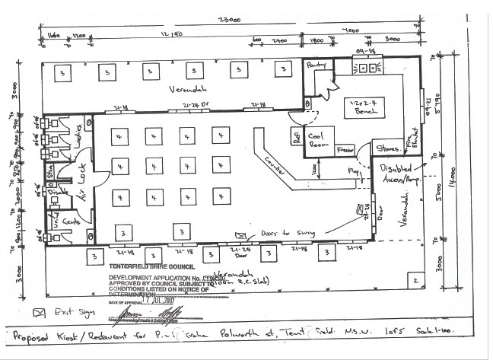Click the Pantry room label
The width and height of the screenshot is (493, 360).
coord(316,66)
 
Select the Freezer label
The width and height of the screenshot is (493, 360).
coord(345,151)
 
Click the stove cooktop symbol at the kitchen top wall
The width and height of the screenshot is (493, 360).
coord(367,67)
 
